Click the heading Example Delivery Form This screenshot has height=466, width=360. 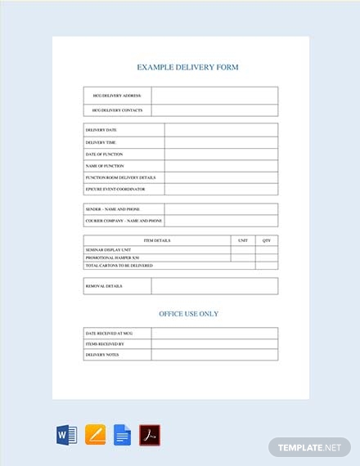pyautogui.click(x=188, y=67)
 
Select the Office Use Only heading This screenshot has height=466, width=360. pyautogui.click(x=188, y=313)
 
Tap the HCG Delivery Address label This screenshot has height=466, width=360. pyautogui.click(x=117, y=96)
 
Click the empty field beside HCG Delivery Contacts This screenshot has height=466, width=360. pyautogui.click(x=214, y=110)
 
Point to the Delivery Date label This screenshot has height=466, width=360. pyautogui.click(x=101, y=129)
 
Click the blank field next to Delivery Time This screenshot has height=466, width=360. pyautogui.click(x=221, y=141)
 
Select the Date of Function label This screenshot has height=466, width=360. pyautogui.click(x=104, y=154)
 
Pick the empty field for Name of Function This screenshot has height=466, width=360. pyautogui.click(x=221, y=165)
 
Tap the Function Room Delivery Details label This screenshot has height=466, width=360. pyautogui.click(x=120, y=177)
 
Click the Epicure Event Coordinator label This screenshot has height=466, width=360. pyautogui.click(x=115, y=189)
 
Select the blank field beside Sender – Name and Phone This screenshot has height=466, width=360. pyautogui.click(x=221, y=209)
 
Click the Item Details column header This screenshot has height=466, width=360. pyautogui.click(x=157, y=240)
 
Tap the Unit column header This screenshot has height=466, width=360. pyautogui.click(x=243, y=240)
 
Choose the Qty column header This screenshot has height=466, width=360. pyautogui.click(x=267, y=240)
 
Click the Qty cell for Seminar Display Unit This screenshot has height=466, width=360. pyautogui.click(x=267, y=249)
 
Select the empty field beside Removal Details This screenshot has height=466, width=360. pyautogui.click(x=214, y=286)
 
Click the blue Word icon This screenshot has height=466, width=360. pyautogui.click(x=66, y=433)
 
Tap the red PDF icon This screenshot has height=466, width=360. pyautogui.click(x=149, y=433)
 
